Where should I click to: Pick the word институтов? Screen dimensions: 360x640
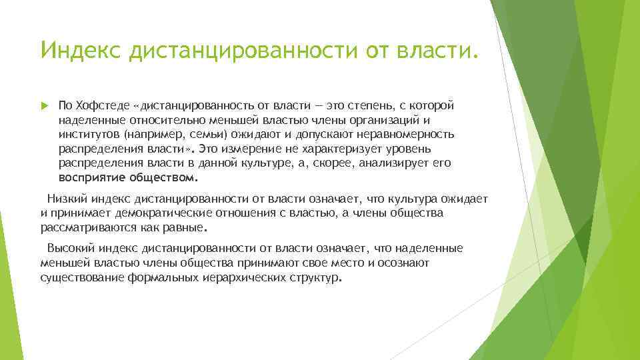[x=87, y=133]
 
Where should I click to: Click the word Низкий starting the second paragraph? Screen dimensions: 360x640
[x=67, y=198]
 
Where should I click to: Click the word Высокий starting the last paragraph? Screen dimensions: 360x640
[x=71, y=249]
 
